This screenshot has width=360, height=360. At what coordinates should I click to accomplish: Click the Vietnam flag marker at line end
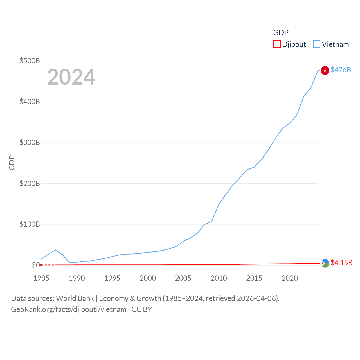coord(325,70)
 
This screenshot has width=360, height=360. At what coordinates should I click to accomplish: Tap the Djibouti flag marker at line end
coord(325,263)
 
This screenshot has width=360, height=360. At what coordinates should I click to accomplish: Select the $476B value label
coord(341,70)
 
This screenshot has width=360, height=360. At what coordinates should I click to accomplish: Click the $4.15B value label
coord(341,263)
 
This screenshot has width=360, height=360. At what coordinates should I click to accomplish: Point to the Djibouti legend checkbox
coord(277,44)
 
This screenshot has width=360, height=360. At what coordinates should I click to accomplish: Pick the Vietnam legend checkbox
coord(317,44)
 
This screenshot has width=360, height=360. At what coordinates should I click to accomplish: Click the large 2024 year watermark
coord(71,77)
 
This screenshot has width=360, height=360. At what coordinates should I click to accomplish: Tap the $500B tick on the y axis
coord(30,61)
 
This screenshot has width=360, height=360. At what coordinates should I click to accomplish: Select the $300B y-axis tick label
coord(30,142)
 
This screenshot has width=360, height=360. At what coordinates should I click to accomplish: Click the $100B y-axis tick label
coord(30,224)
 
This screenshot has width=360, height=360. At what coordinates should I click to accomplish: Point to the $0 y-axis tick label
coord(36,265)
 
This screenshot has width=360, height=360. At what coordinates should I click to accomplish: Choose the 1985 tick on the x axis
coord(41,278)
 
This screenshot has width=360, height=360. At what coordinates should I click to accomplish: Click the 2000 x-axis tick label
coord(148,278)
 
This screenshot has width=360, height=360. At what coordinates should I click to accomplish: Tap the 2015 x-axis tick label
coord(254,278)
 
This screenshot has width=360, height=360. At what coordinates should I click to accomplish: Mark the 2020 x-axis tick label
coord(290,278)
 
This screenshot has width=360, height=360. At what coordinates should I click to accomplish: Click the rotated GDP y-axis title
coord(12,163)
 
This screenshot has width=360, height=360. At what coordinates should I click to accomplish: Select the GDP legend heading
coord(281,33)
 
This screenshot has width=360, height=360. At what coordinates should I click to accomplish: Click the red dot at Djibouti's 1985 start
coord(41,265)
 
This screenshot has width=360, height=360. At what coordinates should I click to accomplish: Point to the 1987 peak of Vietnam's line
coord(55,250)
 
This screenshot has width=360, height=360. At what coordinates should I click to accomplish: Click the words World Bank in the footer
coord(75,298)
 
